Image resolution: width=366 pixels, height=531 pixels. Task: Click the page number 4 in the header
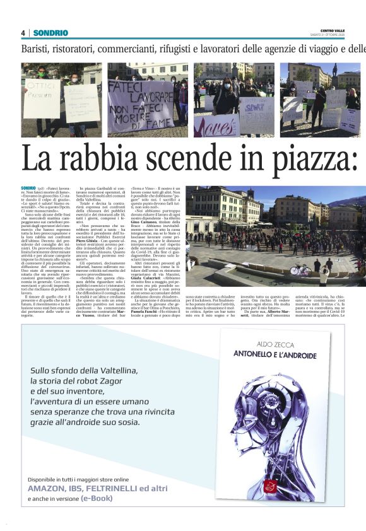23,33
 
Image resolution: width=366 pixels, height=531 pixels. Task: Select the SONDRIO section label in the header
50,33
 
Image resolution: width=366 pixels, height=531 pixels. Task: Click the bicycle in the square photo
300,269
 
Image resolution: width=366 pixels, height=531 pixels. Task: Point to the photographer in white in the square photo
324,275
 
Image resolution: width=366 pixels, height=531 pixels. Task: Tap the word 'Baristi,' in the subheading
37,49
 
